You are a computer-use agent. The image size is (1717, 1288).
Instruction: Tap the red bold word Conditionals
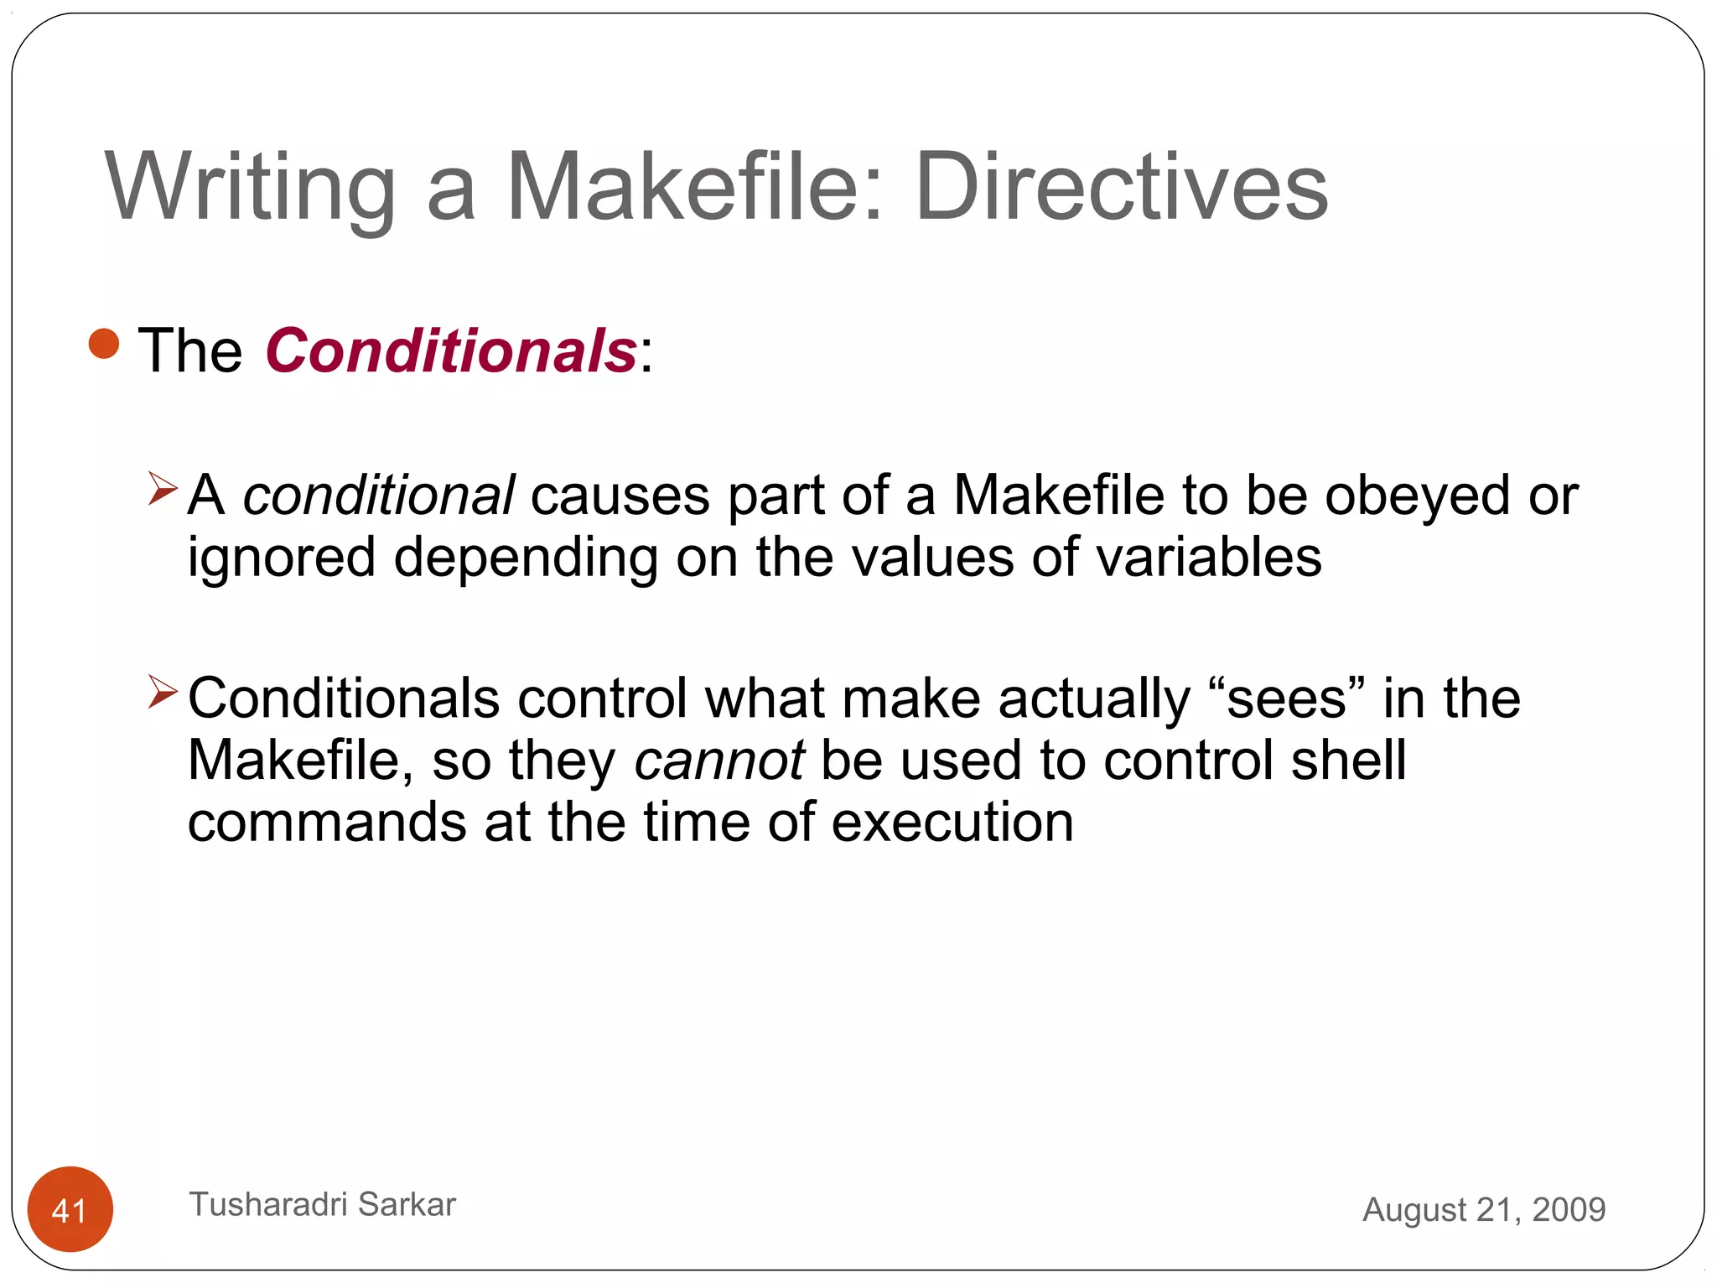(x=451, y=351)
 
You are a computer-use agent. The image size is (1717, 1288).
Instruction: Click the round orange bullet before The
(x=104, y=344)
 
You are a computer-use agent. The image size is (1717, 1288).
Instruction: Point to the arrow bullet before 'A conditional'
(x=163, y=489)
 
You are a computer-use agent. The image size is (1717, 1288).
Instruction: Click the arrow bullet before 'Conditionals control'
(x=163, y=692)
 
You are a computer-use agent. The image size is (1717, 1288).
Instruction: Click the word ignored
(x=281, y=558)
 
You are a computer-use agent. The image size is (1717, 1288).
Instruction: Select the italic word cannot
(x=719, y=761)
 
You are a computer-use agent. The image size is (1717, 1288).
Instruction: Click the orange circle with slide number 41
(x=70, y=1209)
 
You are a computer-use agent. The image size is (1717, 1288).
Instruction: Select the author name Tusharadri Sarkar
(x=323, y=1204)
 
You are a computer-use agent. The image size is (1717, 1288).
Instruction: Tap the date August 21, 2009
(x=1484, y=1209)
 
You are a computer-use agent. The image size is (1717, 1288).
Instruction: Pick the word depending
(x=526, y=558)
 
